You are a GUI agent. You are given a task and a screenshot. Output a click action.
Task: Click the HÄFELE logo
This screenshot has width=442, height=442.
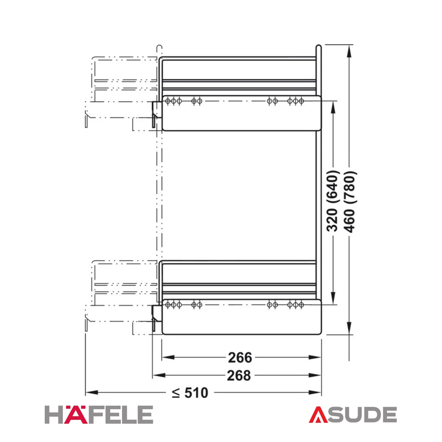(99, 415)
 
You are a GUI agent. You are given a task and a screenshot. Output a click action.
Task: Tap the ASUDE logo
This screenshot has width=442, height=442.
(353, 415)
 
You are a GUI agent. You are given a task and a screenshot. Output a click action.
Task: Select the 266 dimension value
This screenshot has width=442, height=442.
(240, 358)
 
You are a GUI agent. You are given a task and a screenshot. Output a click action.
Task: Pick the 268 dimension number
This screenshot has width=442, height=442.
(239, 375)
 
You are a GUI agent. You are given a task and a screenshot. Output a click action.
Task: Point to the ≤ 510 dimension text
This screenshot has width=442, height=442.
(190, 392)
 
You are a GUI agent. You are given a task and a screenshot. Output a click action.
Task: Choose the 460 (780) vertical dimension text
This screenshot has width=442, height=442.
(350, 202)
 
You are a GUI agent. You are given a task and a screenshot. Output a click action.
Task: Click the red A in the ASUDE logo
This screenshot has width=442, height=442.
(318, 415)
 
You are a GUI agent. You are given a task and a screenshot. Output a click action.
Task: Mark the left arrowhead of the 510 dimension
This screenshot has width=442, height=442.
(91, 392)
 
